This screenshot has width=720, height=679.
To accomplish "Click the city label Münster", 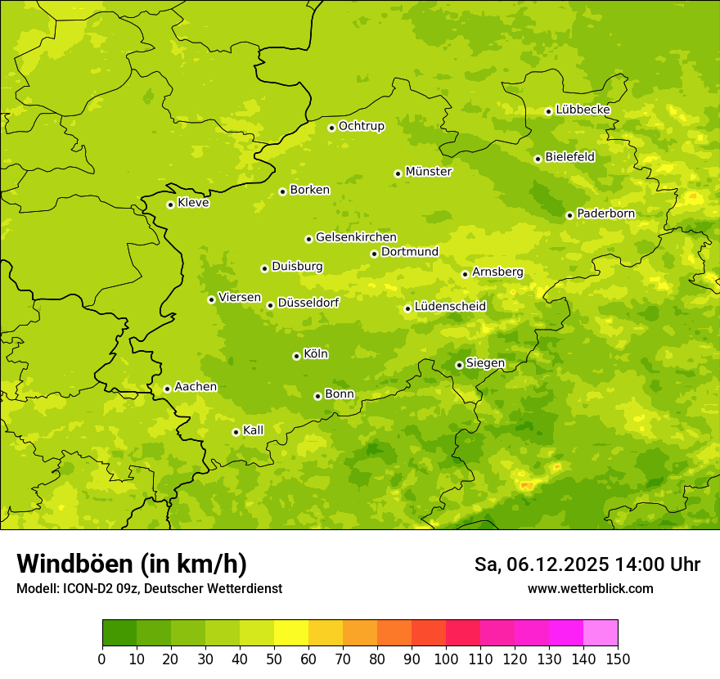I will pos(429,172).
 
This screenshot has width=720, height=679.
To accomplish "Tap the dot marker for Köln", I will pos(296,356).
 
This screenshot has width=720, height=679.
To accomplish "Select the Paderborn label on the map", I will pos(605,214).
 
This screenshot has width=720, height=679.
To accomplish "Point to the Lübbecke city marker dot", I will pos(548,111).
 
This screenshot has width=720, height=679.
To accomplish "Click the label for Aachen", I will pos(196,387).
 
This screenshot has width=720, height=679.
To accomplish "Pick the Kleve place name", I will pos(193,203).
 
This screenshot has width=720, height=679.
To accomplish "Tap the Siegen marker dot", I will pos(459,365).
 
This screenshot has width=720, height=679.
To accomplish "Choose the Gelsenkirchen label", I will pos(356,237).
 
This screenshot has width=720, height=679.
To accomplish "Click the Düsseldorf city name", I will pos(308,303).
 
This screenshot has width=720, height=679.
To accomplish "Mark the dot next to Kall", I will pos(236,432).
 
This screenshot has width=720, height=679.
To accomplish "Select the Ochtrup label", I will pos(361,126).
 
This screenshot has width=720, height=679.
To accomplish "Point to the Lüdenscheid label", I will pos(450,307).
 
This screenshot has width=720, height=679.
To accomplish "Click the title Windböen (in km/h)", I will pos(131,564).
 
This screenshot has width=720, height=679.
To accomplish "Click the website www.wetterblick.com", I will pos(590,588).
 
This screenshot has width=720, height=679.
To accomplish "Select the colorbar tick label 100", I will pos(446,659).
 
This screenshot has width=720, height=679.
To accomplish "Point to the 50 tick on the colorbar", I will pos(274,659).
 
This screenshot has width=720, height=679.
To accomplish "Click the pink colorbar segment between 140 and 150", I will pos(601,633).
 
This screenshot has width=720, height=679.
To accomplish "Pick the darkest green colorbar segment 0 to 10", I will pos(119,633).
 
